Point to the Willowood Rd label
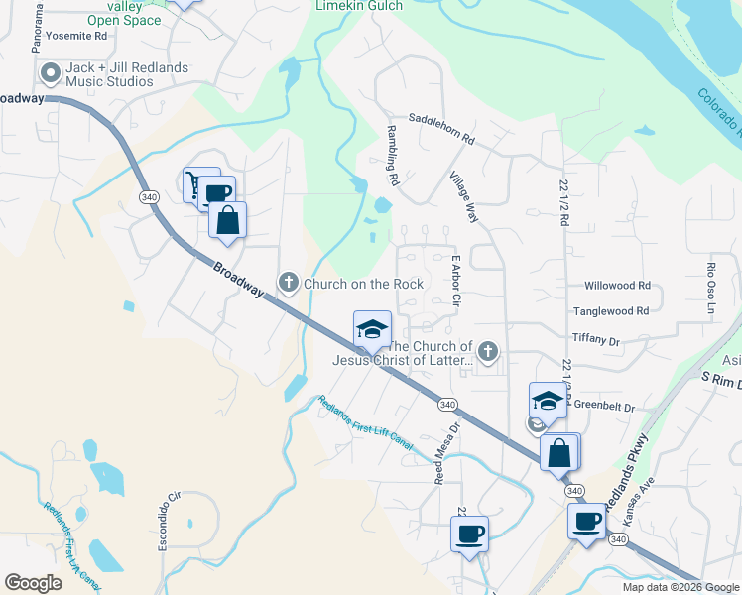click(x=617, y=286)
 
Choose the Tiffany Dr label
click(x=595, y=339)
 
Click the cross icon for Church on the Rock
click(x=289, y=284)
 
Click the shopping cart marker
click(x=193, y=183)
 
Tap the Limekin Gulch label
click(x=359, y=6)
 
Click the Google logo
click(x=34, y=583)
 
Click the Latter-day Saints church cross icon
click(x=487, y=352)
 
